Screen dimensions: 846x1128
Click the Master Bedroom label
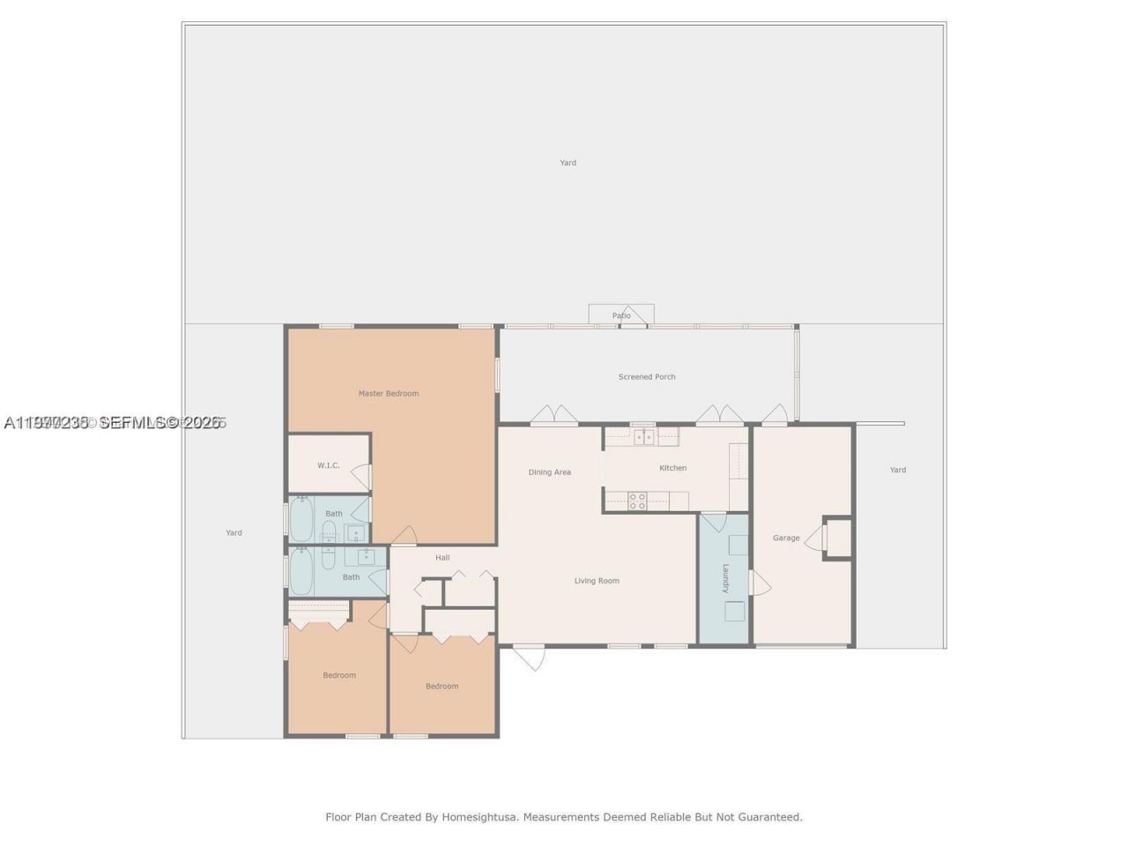tap(388, 393)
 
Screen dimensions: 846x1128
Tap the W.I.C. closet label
tap(328, 465)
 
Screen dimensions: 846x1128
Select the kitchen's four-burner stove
tap(637, 501)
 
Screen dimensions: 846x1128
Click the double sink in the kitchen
tap(644, 436)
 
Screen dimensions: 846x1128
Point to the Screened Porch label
tap(646, 377)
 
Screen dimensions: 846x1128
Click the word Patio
tap(621, 315)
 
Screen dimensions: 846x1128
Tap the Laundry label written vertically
tap(726, 578)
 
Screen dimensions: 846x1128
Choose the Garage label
tap(786, 538)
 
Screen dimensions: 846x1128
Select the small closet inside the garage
tap(837, 538)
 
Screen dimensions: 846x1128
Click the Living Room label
tap(597, 581)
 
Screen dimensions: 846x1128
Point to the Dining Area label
tap(549, 472)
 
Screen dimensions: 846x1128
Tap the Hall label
tap(442, 557)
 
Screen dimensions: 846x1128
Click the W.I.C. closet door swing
tap(361, 477)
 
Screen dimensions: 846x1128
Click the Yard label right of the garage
tap(897, 470)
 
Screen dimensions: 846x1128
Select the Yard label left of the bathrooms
tap(234, 532)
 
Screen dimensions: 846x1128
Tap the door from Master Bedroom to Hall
tap(404, 536)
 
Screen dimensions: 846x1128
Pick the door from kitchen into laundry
tap(713, 521)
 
